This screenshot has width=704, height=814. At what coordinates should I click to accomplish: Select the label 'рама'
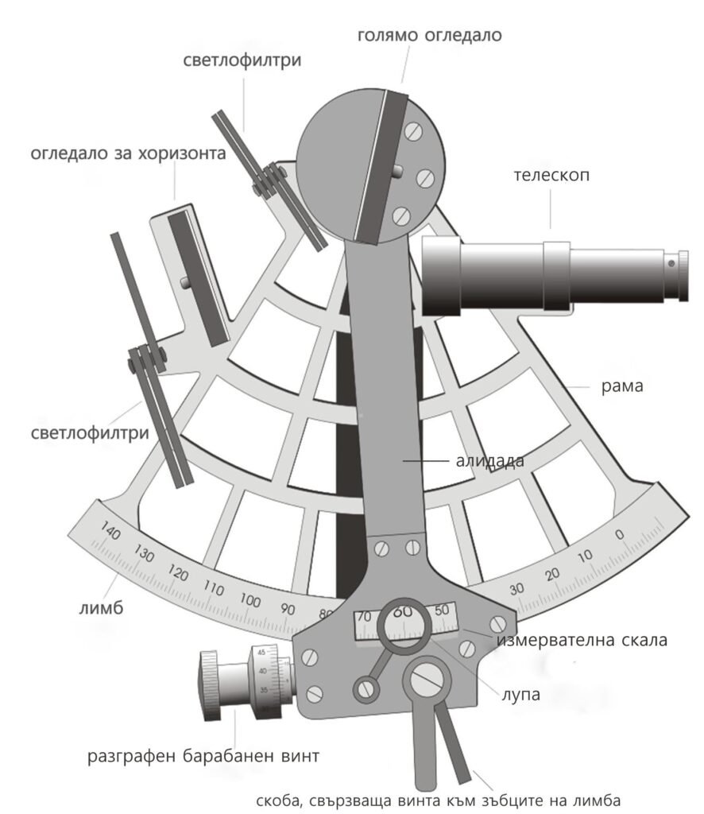(622, 387)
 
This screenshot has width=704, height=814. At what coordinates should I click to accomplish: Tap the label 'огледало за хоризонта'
(128, 153)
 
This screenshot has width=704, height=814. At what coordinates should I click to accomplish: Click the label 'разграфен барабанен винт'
(203, 756)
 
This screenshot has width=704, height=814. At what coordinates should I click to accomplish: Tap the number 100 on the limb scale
(250, 600)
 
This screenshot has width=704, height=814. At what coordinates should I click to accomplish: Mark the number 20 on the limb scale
(553, 574)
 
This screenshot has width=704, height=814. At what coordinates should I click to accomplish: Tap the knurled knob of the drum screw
(208, 684)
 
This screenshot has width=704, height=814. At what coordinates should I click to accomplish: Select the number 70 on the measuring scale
(365, 617)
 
